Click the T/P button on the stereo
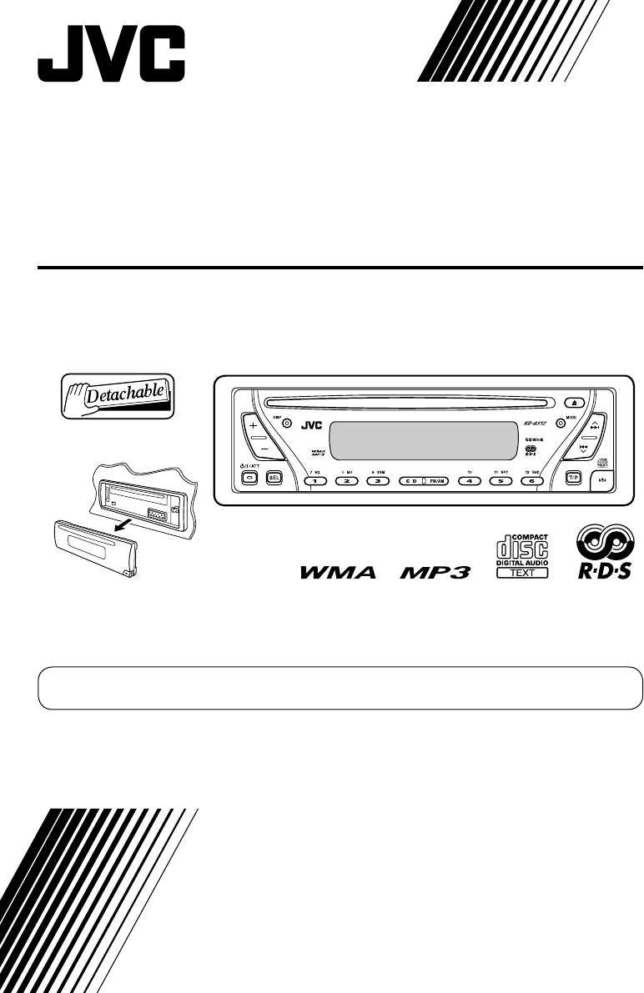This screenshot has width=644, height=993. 573,479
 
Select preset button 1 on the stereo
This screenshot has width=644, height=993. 314,481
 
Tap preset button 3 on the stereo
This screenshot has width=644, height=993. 378,481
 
